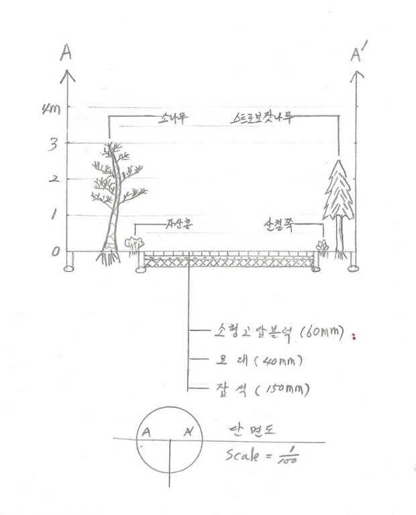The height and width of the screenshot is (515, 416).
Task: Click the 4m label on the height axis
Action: (x=50, y=109)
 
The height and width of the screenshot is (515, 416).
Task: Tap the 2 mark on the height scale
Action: (x=53, y=179)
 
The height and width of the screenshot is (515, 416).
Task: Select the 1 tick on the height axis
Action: (x=54, y=216)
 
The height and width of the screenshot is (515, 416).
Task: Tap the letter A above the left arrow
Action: (x=66, y=53)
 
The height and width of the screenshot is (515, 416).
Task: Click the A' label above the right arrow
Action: (x=357, y=54)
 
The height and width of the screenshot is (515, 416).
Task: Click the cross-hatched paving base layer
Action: (x=228, y=264)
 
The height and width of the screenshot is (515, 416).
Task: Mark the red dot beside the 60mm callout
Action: (x=353, y=336)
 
